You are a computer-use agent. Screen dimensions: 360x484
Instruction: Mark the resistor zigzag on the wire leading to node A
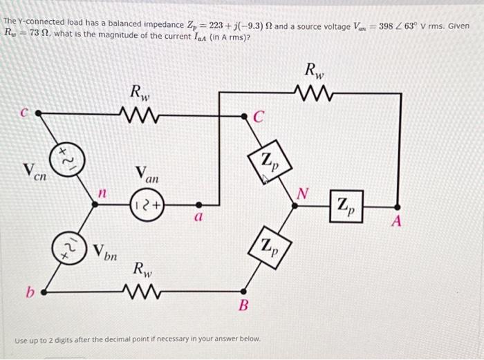[315, 91]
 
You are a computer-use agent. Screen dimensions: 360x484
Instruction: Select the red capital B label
[243, 305]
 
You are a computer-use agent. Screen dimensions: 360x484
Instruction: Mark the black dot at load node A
[397, 205]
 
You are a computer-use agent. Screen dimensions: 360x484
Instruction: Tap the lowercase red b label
[30, 293]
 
